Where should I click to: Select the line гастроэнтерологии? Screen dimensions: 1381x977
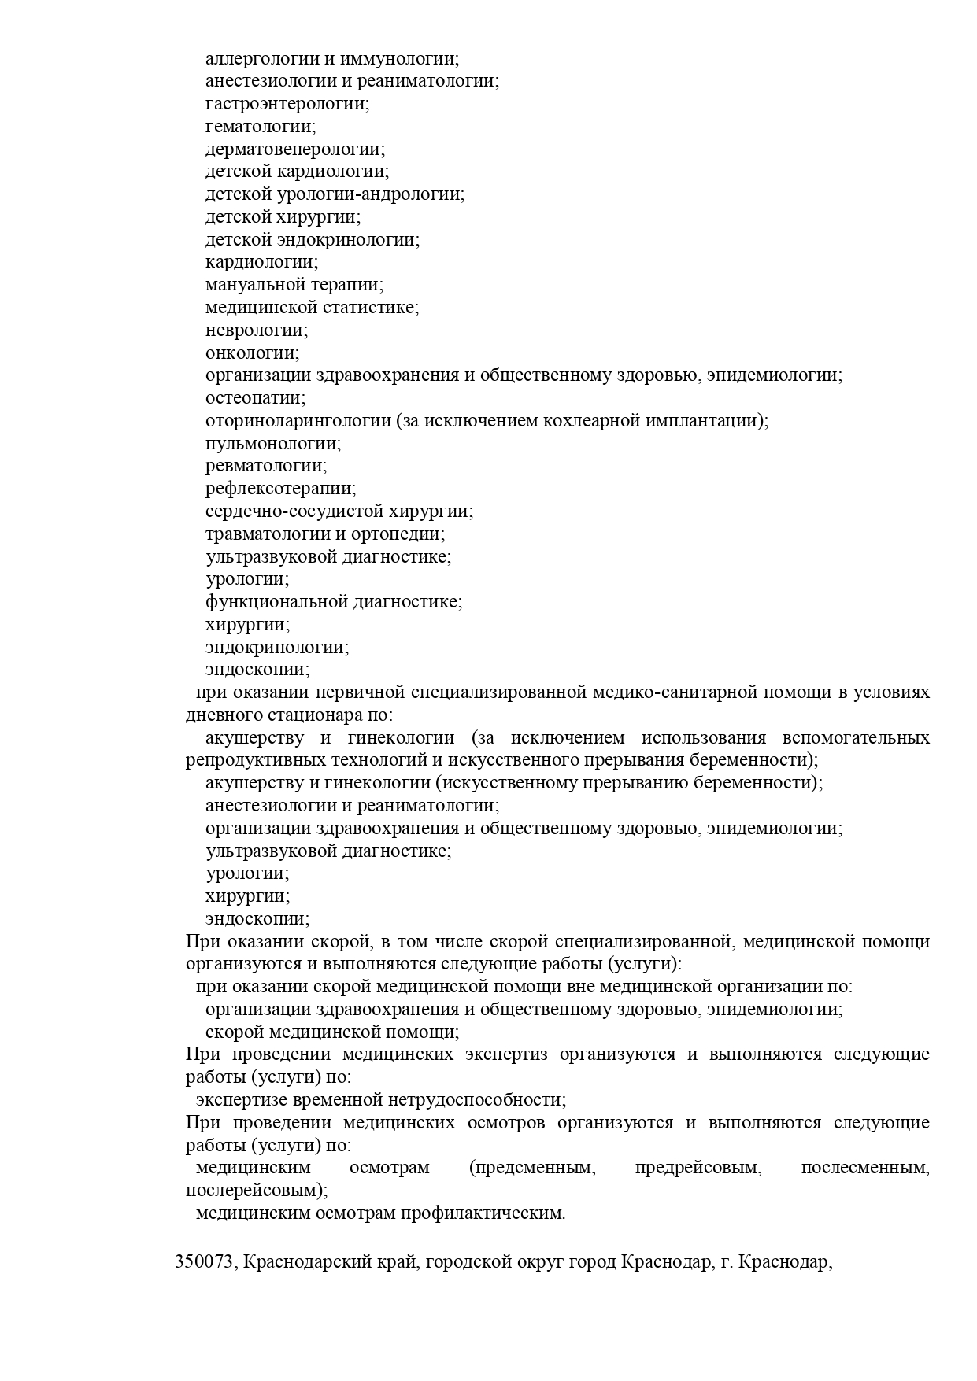tap(287, 104)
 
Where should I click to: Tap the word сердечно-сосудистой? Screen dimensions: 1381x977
tap(294, 511)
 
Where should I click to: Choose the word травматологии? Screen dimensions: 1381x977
tap(264, 534)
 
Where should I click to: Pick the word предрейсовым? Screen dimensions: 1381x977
tap(698, 1168)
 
